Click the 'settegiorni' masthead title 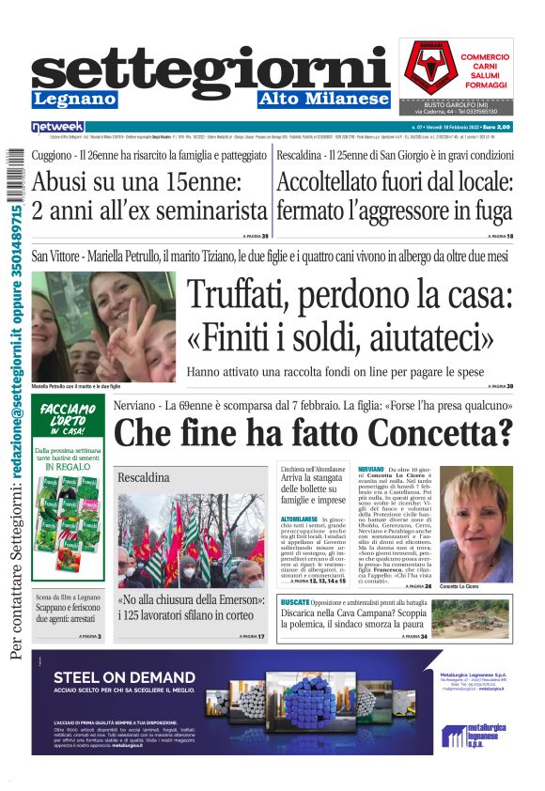click(210, 69)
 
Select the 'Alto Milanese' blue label click(323, 99)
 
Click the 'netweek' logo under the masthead click(58, 126)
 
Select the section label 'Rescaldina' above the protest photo click(144, 478)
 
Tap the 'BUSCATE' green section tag click(295, 600)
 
